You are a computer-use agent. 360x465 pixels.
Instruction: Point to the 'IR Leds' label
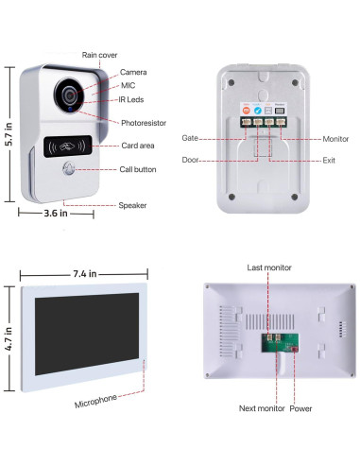coord(132,99)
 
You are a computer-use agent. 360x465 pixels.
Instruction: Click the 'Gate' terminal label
coord(190,137)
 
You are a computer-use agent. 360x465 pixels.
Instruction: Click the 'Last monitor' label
coord(267,268)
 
